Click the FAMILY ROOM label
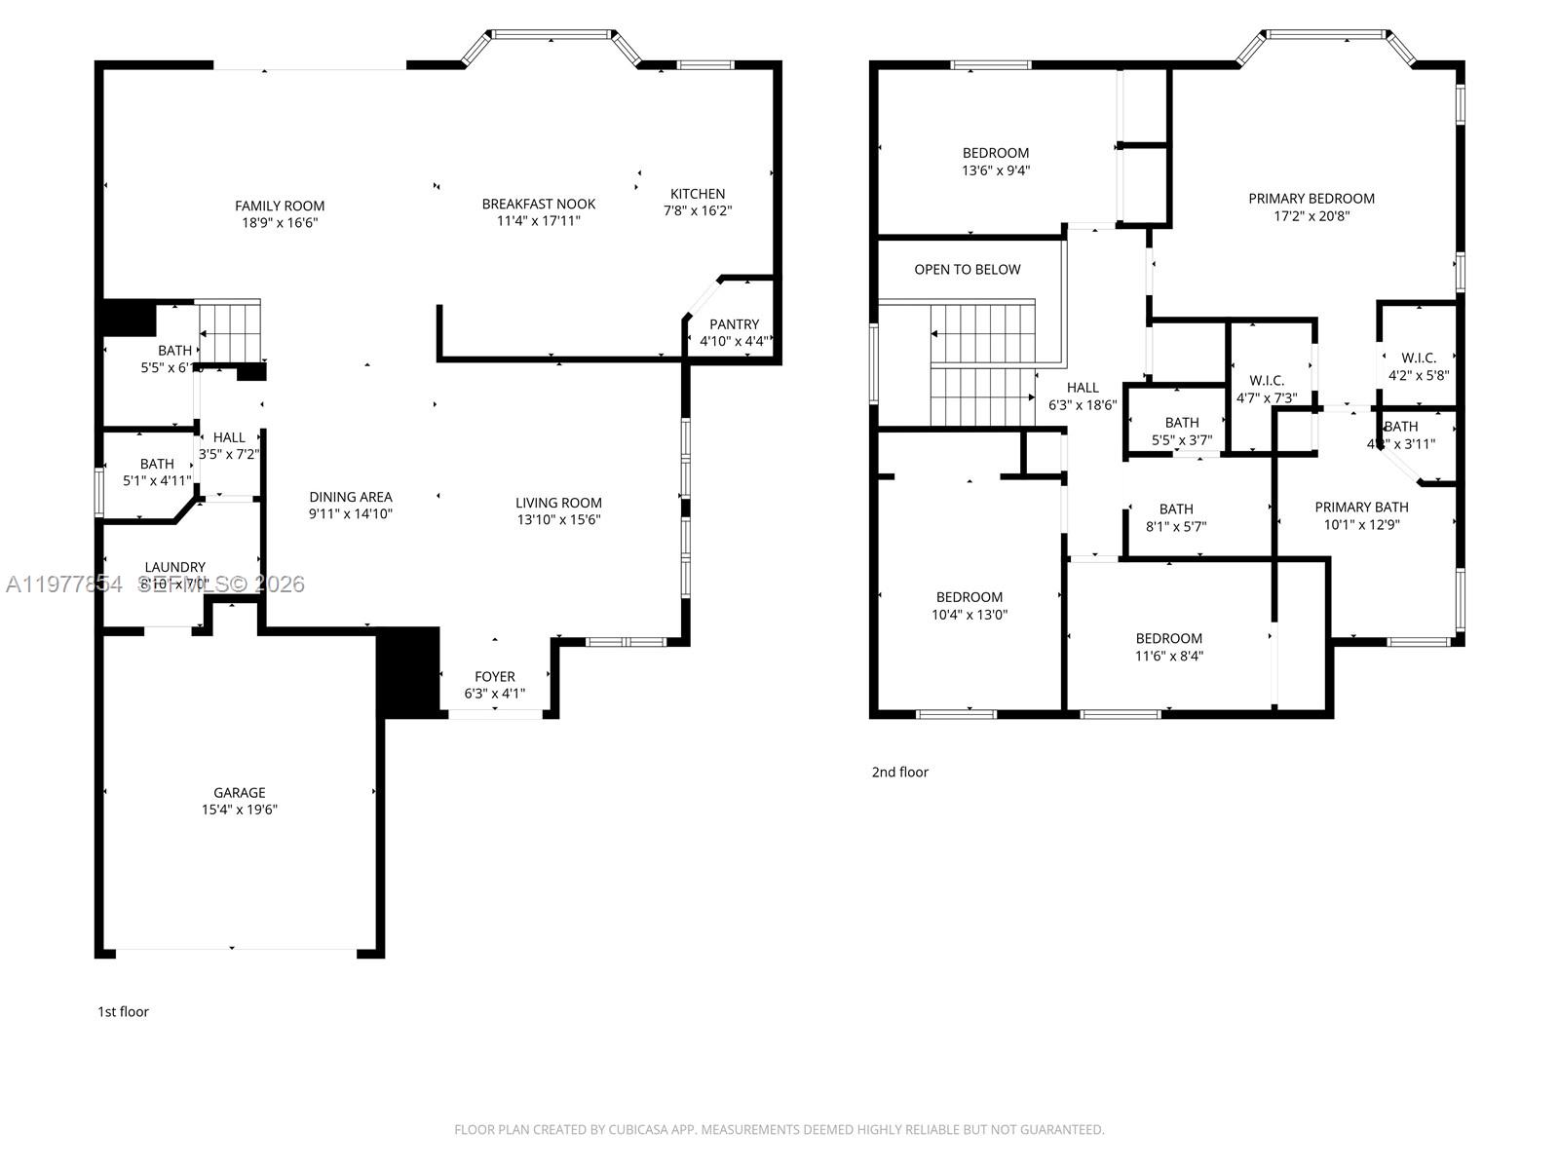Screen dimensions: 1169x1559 tap(280, 206)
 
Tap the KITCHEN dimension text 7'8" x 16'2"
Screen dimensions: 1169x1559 tap(698, 210)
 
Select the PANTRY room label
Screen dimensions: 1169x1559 tap(734, 324)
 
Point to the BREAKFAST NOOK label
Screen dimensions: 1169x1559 tap(538, 204)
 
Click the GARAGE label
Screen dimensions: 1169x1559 tap(240, 793)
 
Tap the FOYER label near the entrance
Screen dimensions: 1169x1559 tap(494, 676)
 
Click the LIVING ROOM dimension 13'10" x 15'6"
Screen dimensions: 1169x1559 tap(558, 520)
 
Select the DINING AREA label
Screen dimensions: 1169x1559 tap(351, 497)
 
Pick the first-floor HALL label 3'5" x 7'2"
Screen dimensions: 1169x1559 tap(229, 437)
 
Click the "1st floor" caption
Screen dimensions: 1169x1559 tap(123, 1011)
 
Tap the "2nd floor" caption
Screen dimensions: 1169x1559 tap(899, 772)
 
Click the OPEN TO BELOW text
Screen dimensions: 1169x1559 tap(967, 270)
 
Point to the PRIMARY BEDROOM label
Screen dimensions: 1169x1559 tap(1312, 199)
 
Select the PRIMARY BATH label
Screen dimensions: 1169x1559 tap(1361, 507)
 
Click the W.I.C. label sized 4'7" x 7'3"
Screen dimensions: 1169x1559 tap(1267, 380)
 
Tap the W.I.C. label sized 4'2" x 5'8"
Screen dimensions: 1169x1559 tap(1419, 358)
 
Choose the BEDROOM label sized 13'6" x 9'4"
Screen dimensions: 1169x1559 tap(995, 153)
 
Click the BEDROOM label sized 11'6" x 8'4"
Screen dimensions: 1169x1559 tap(1168, 639)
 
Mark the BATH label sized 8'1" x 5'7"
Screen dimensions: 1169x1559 tap(1176, 509)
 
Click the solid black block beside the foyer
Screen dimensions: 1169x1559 tap(408, 672)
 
